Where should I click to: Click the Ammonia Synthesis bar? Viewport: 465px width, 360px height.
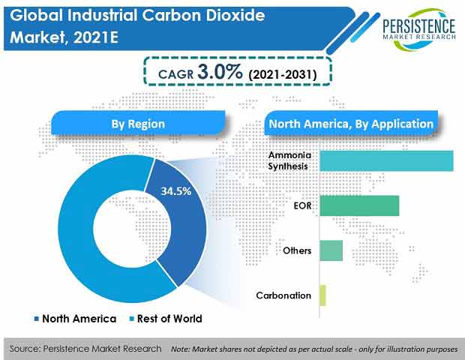386,160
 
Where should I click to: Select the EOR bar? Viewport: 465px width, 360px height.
359,205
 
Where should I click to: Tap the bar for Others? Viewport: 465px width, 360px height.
331,250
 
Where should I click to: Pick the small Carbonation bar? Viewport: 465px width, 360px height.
322,295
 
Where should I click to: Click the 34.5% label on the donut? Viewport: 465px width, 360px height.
176,191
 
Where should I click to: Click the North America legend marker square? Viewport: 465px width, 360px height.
37,319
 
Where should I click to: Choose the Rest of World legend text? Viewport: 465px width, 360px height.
169,319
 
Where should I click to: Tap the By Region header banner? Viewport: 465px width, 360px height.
138,124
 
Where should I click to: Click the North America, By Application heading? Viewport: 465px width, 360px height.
351,124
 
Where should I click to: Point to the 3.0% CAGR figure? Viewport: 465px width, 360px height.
220,72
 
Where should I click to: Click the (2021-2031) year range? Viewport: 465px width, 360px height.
283,74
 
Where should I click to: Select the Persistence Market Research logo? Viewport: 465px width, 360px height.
418,29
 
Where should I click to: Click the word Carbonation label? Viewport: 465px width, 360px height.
283,295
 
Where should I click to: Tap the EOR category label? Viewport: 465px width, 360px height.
302,205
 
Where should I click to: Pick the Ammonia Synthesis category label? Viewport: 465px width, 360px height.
289,160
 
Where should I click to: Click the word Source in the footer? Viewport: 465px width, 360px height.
24,349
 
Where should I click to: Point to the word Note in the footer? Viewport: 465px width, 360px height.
180,349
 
